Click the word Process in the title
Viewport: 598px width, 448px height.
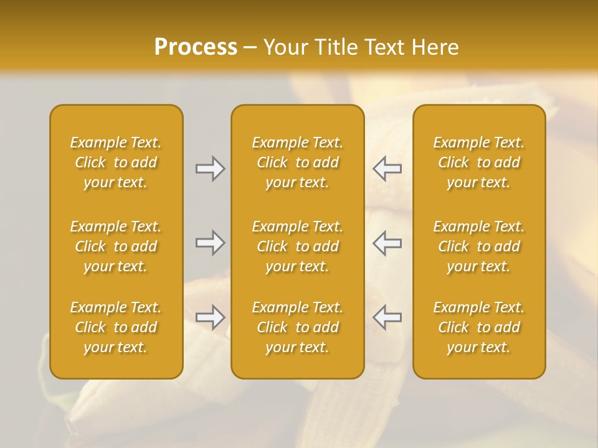(196, 47)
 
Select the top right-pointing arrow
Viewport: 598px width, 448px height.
(211, 169)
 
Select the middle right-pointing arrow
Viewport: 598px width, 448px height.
(211, 243)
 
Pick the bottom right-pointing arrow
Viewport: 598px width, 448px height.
(211, 317)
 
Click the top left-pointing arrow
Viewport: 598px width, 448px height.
(387, 169)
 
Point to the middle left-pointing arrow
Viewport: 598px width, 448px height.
(387, 243)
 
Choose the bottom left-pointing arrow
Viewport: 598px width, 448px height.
(387, 317)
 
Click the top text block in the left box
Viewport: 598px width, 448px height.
(116, 162)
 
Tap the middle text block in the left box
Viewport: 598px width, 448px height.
(116, 246)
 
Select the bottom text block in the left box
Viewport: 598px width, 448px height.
(116, 327)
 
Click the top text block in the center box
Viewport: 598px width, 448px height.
(297, 162)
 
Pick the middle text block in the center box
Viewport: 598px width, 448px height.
(297, 246)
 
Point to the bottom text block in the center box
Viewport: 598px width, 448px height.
(297, 327)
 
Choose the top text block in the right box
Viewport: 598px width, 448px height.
(479, 162)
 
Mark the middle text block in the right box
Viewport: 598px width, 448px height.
(479, 246)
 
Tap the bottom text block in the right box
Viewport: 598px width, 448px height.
(479, 327)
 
